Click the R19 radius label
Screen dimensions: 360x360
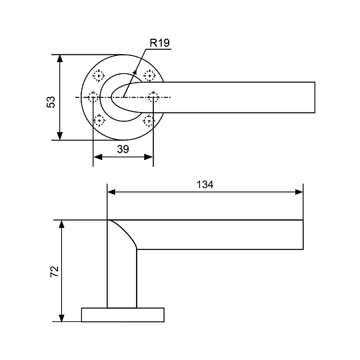pos(160,43)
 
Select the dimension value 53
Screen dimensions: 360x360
pos(50,101)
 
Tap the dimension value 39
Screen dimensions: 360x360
pos(123,149)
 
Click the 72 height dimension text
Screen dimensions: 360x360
pos(55,271)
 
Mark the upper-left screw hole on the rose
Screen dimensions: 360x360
pos(99,75)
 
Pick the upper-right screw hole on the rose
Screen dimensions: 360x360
pos(149,75)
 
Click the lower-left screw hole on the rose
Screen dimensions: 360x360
pos(99,121)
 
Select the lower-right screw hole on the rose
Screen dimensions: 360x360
pos(149,121)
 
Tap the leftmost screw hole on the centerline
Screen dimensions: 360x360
pos(93,97)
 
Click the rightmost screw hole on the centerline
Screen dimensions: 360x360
pos(153,97)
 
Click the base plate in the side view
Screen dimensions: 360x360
pos(123,315)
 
